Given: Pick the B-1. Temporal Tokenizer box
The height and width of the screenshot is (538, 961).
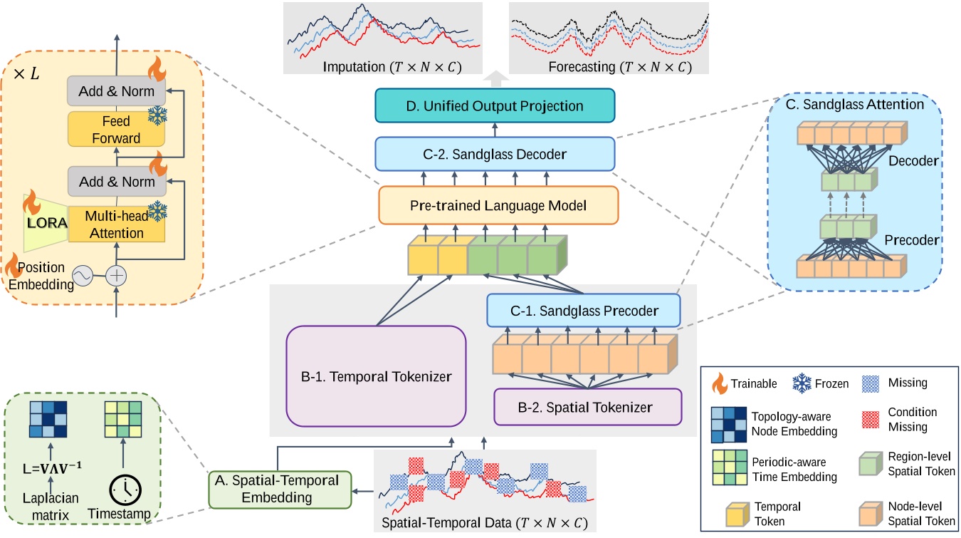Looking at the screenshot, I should [x=376, y=376].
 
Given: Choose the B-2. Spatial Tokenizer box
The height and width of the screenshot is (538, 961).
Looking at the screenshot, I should [x=588, y=407].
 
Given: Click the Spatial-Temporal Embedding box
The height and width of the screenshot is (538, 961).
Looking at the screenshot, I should [x=280, y=489].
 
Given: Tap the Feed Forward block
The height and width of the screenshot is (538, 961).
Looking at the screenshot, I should [x=115, y=130].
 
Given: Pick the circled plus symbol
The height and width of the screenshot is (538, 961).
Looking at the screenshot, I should [x=115, y=276].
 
